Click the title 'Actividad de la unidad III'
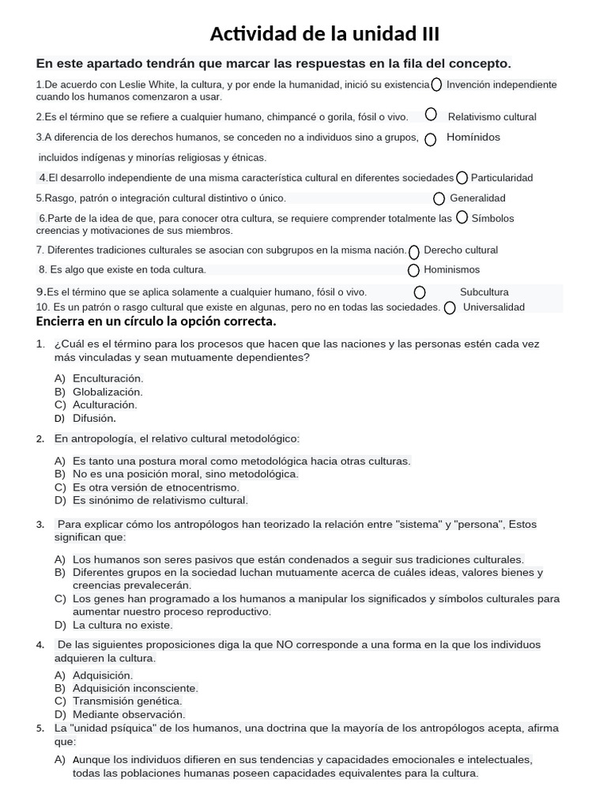point(324,34)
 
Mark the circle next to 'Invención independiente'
point(436,85)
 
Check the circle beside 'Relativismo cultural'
point(431,115)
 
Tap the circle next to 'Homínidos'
point(431,140)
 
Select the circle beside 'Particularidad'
point(462,178)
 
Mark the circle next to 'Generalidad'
point(439,198)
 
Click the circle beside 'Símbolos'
point(462,216)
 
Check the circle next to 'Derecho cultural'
point(414,252)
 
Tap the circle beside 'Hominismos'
point(414,270)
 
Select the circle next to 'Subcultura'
point(420,292)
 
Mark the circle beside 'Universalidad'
point(450,308)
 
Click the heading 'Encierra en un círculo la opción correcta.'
point(156,322)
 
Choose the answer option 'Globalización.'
point(107,392)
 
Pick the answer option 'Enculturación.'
point(107,378)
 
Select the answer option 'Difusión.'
point(94,419)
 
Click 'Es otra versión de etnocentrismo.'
point(156,487)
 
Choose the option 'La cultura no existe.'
point(123,625)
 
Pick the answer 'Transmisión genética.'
point(127,701)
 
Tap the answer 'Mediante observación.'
point(129,714)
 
